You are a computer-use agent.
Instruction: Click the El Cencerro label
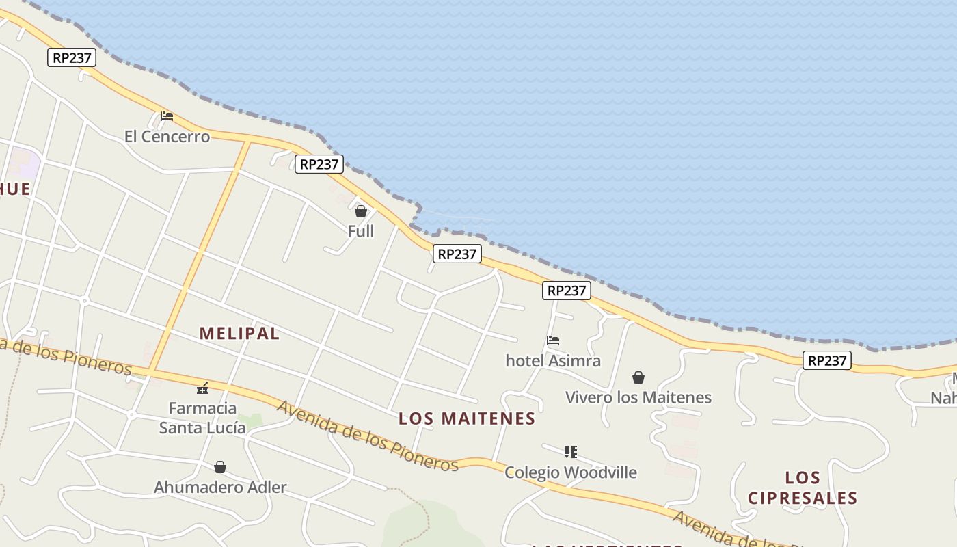point(167,137)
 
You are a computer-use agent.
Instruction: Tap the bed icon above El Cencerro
point(166,116)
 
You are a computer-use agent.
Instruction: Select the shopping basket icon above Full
point(361,211)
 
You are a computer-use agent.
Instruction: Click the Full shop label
point(361,231)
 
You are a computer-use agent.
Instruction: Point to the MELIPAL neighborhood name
point(239,334)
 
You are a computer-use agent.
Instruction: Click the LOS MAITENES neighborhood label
point(467,418)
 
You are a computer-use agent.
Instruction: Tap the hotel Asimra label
point(553,360)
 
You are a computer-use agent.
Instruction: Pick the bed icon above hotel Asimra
point(553,341)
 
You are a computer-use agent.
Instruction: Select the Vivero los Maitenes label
point(638,397)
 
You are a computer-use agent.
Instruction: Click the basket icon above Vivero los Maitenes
point(638,377)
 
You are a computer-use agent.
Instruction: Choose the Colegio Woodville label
point(571,472)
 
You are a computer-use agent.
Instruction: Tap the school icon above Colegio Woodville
point(571,452)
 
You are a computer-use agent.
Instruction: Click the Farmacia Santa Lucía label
point(202,418)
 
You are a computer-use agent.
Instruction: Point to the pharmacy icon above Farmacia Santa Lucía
point(202,388)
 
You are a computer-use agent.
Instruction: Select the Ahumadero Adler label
point(220,488)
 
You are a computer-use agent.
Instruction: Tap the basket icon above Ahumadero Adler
point(220,468)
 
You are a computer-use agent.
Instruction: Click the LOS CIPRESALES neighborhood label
point(803,488)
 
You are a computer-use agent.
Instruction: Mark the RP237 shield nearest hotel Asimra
point(566,291)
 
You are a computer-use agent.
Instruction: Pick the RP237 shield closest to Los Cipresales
point(827,360)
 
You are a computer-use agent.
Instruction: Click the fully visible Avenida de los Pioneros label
point(368,436)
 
